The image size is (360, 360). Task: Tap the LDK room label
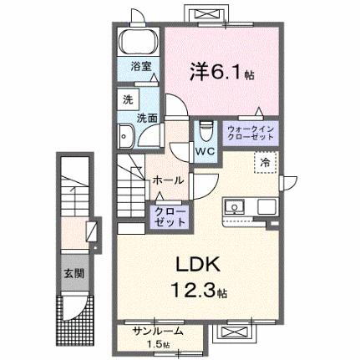[198, 266]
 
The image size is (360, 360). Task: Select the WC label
[205, 152]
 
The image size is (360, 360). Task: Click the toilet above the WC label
[205, 131]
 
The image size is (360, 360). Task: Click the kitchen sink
[234, 206]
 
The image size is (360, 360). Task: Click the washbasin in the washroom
[126, 137]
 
